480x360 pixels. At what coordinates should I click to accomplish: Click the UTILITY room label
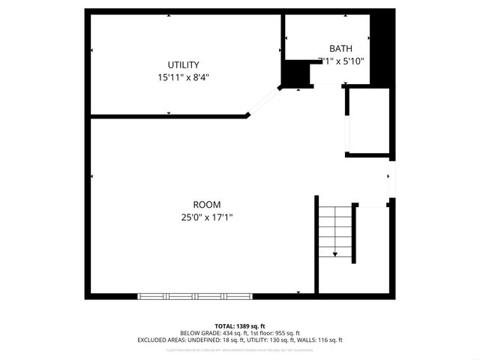[x=183, y=64]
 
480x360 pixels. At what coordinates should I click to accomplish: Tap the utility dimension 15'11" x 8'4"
[x=183, y=76]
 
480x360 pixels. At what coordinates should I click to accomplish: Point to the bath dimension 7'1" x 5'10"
[x=340, y=61]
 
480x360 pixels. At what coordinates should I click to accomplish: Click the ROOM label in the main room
[x=207, y=205]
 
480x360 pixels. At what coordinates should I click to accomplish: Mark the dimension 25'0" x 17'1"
[x=207, y=217]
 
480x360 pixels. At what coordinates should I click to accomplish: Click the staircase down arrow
[x=334, y=253]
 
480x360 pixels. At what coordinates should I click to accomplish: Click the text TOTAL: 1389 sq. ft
[x=239, y=326]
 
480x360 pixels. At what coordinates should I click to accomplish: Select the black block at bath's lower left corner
[x=295, y=73]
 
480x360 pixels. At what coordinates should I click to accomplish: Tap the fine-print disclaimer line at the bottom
[x=239, y=349]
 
